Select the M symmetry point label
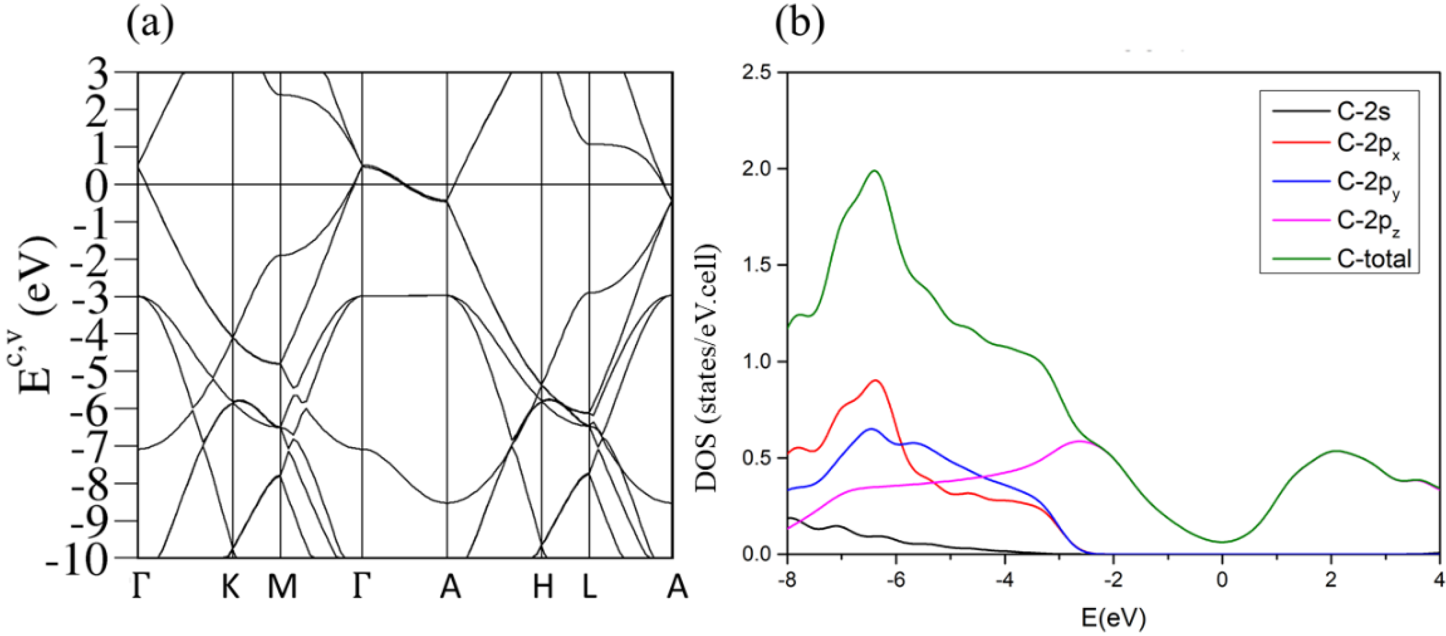pyautogui.click(x=282, y=587)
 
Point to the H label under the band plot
pyautogui.click(x=543, y=587)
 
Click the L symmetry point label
pyautogui.click(x=589, y=587)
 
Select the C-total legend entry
pyautogui.click(x=1374, y=259)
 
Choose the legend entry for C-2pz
pyautogui.click(x=1368, y=222)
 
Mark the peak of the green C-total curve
pyautogui.click(x=874, y=171)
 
